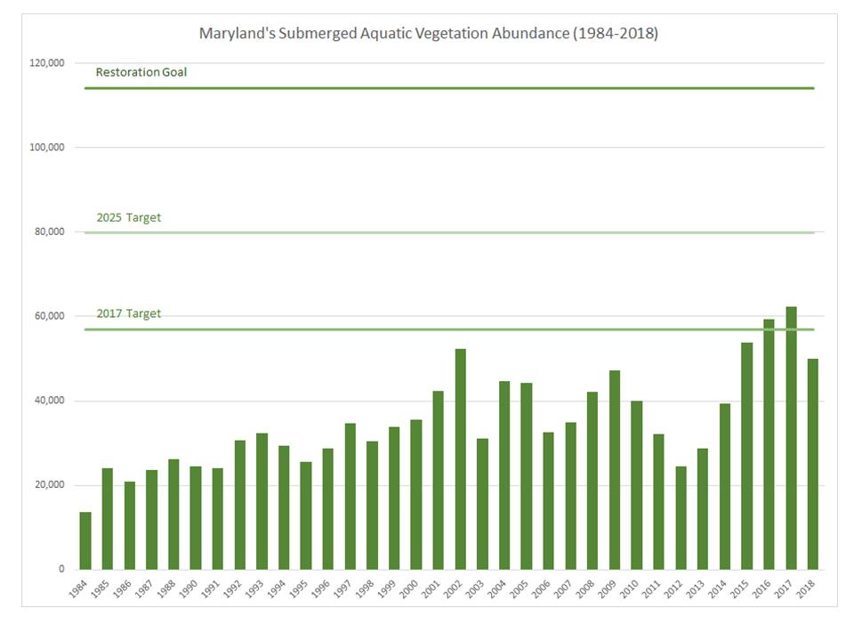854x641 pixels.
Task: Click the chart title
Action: pyautogui.click(x=428, y=33)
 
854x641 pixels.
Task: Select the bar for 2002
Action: pyautogui.click(x=460, y=459)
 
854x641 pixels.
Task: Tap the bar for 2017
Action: pyautogui.click(x=791, y=438)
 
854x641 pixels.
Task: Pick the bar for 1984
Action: pyautogui.click(x=85, y=541)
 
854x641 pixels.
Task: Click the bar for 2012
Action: pyautogui.click(x=681, y=518)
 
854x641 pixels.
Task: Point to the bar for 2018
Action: pyautogui.click(x=812, y=465)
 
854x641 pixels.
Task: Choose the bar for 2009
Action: pyautogui.click(x=615, y=470)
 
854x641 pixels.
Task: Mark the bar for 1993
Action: pyautogui.click(x=262, y=501)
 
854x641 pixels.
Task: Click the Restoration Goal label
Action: pyautogui.click(x=141, y=72)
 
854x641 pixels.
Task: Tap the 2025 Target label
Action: pyautogui.click(x=128, y=217)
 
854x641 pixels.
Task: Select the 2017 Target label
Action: pyautogui.click(x=128, y=313)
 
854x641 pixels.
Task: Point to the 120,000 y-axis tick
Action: pyautogui.click(x=47, y=63)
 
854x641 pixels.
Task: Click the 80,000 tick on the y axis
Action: pyautogui.click(x=50, y=231)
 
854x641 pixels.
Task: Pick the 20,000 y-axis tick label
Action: pyautogui.click(x=50, y=484)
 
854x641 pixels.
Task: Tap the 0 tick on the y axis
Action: pyautogui.click(x=61, y=569)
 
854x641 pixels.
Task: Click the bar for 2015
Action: pyautogui.click(x=746, y=456)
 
